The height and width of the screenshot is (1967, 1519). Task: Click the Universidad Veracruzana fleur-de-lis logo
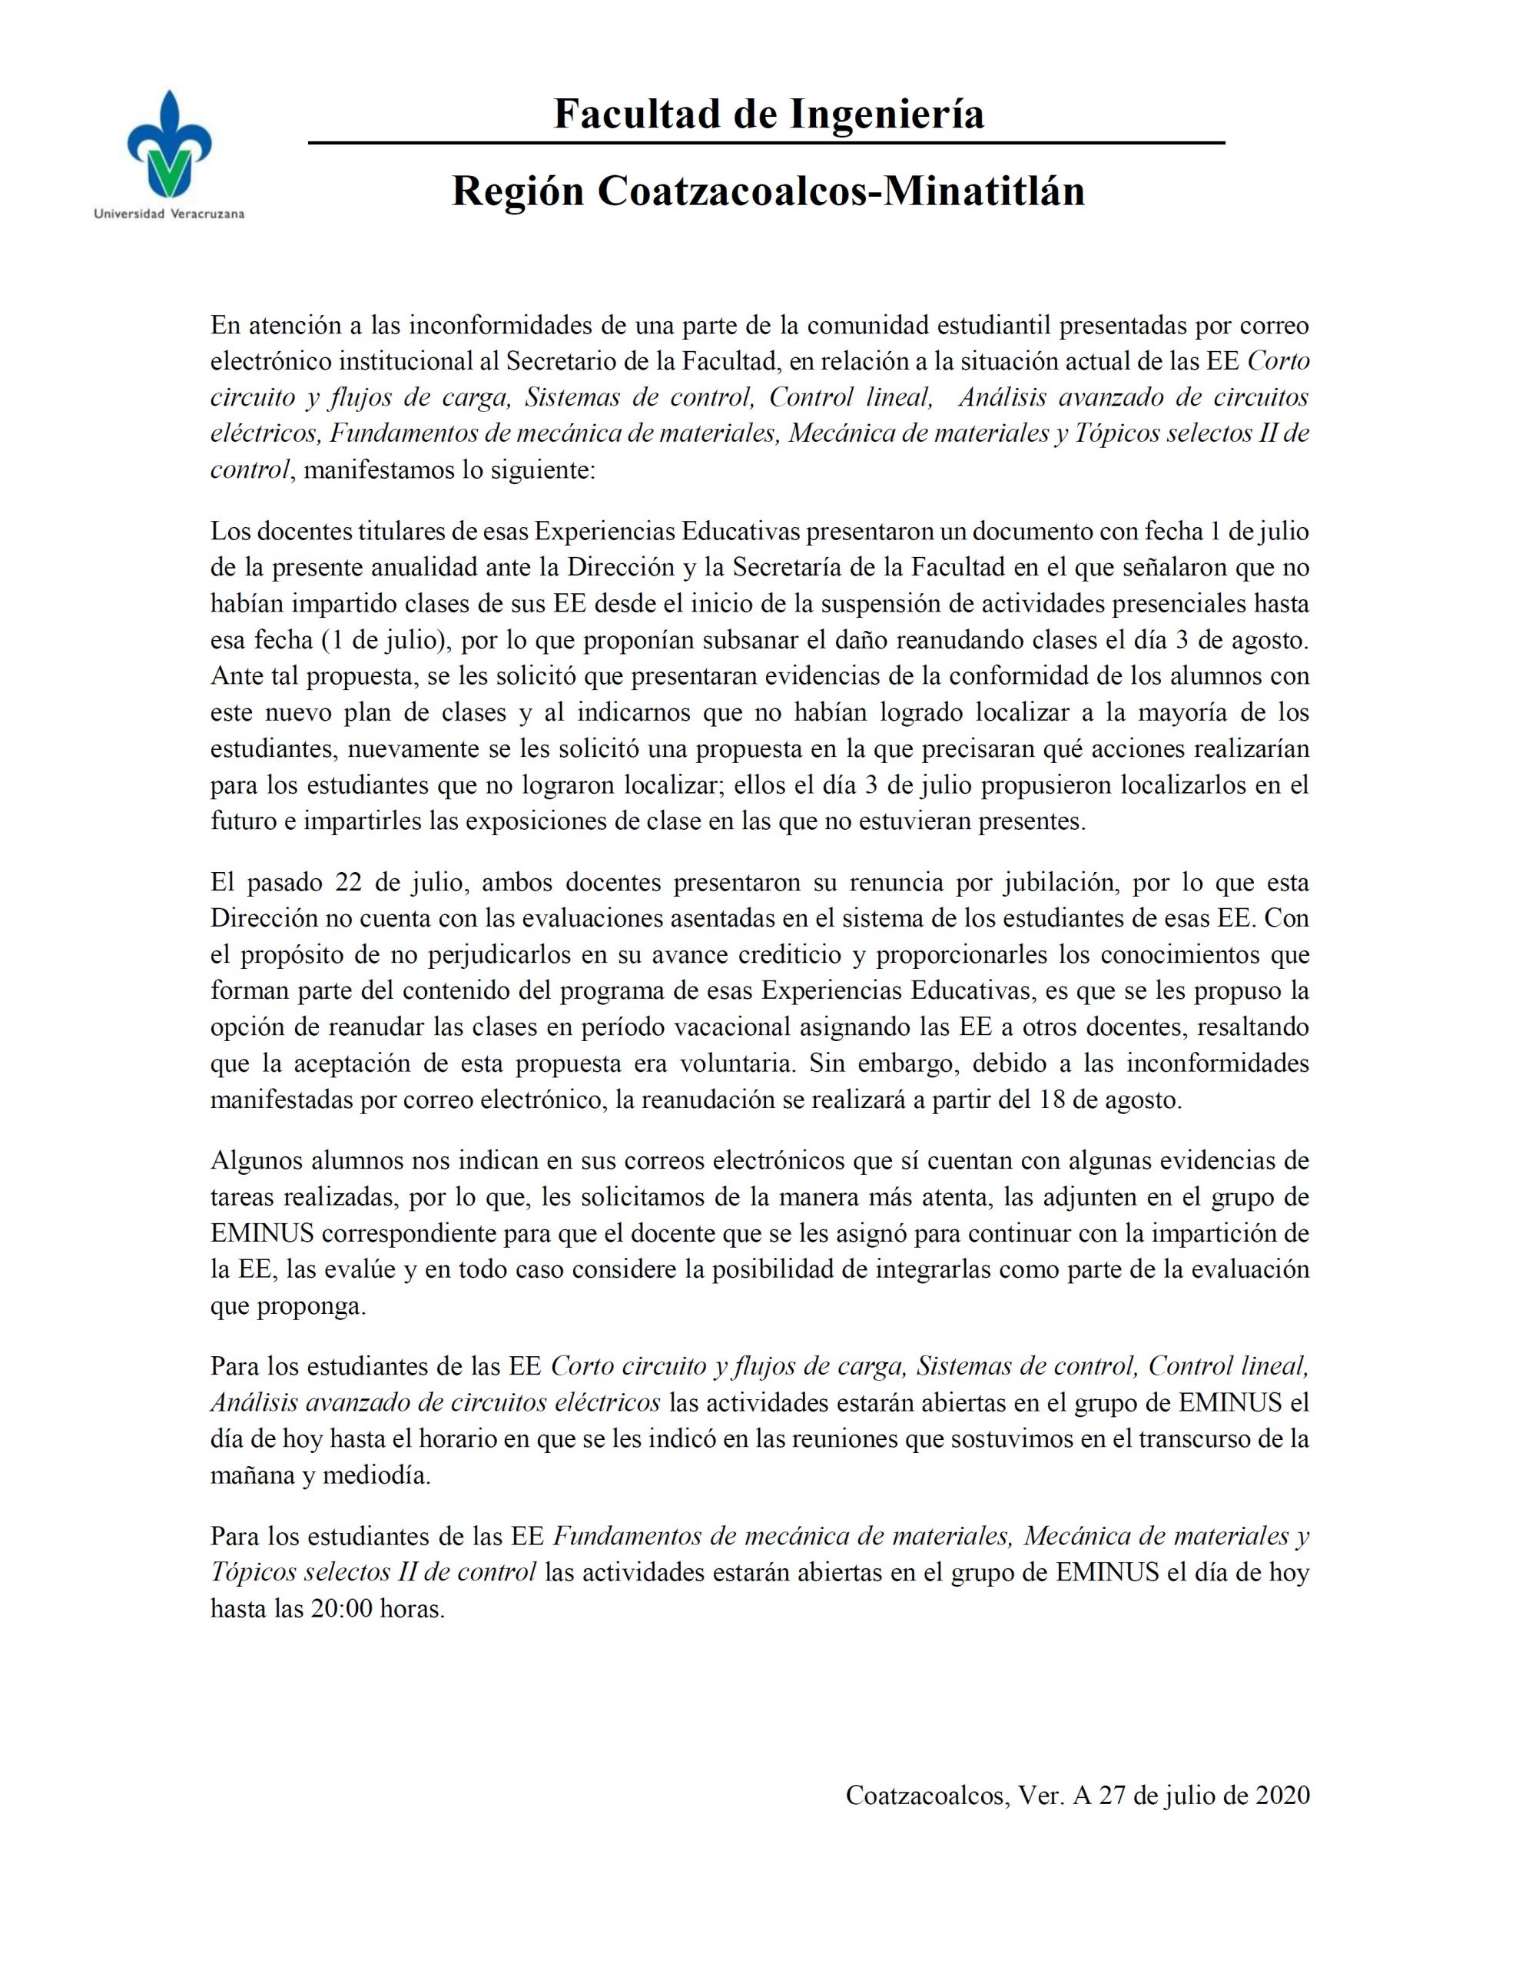click(x=169, y=145)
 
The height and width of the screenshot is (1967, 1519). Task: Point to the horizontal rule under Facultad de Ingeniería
click(x=765, y=143)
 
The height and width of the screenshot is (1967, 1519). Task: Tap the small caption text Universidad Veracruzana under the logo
click(x=169, y=214)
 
